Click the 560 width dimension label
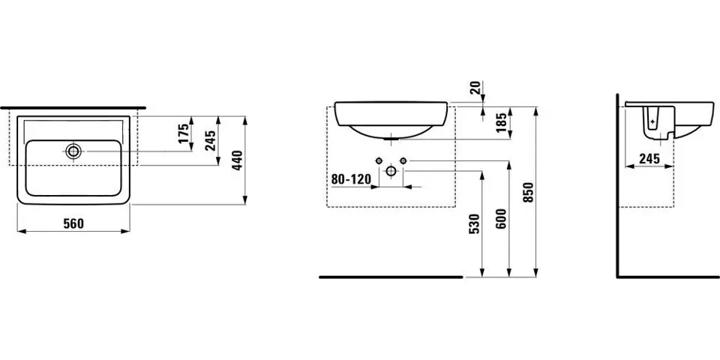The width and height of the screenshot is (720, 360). coord(73,223)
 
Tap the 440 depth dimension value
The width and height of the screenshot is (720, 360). coord(238,160)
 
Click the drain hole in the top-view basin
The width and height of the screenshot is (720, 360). coord(73,150)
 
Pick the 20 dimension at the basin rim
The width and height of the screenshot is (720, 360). coord(475,87)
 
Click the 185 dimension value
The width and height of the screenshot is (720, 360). coord(502,122)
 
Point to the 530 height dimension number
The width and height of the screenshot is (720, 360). coord(474,223)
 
